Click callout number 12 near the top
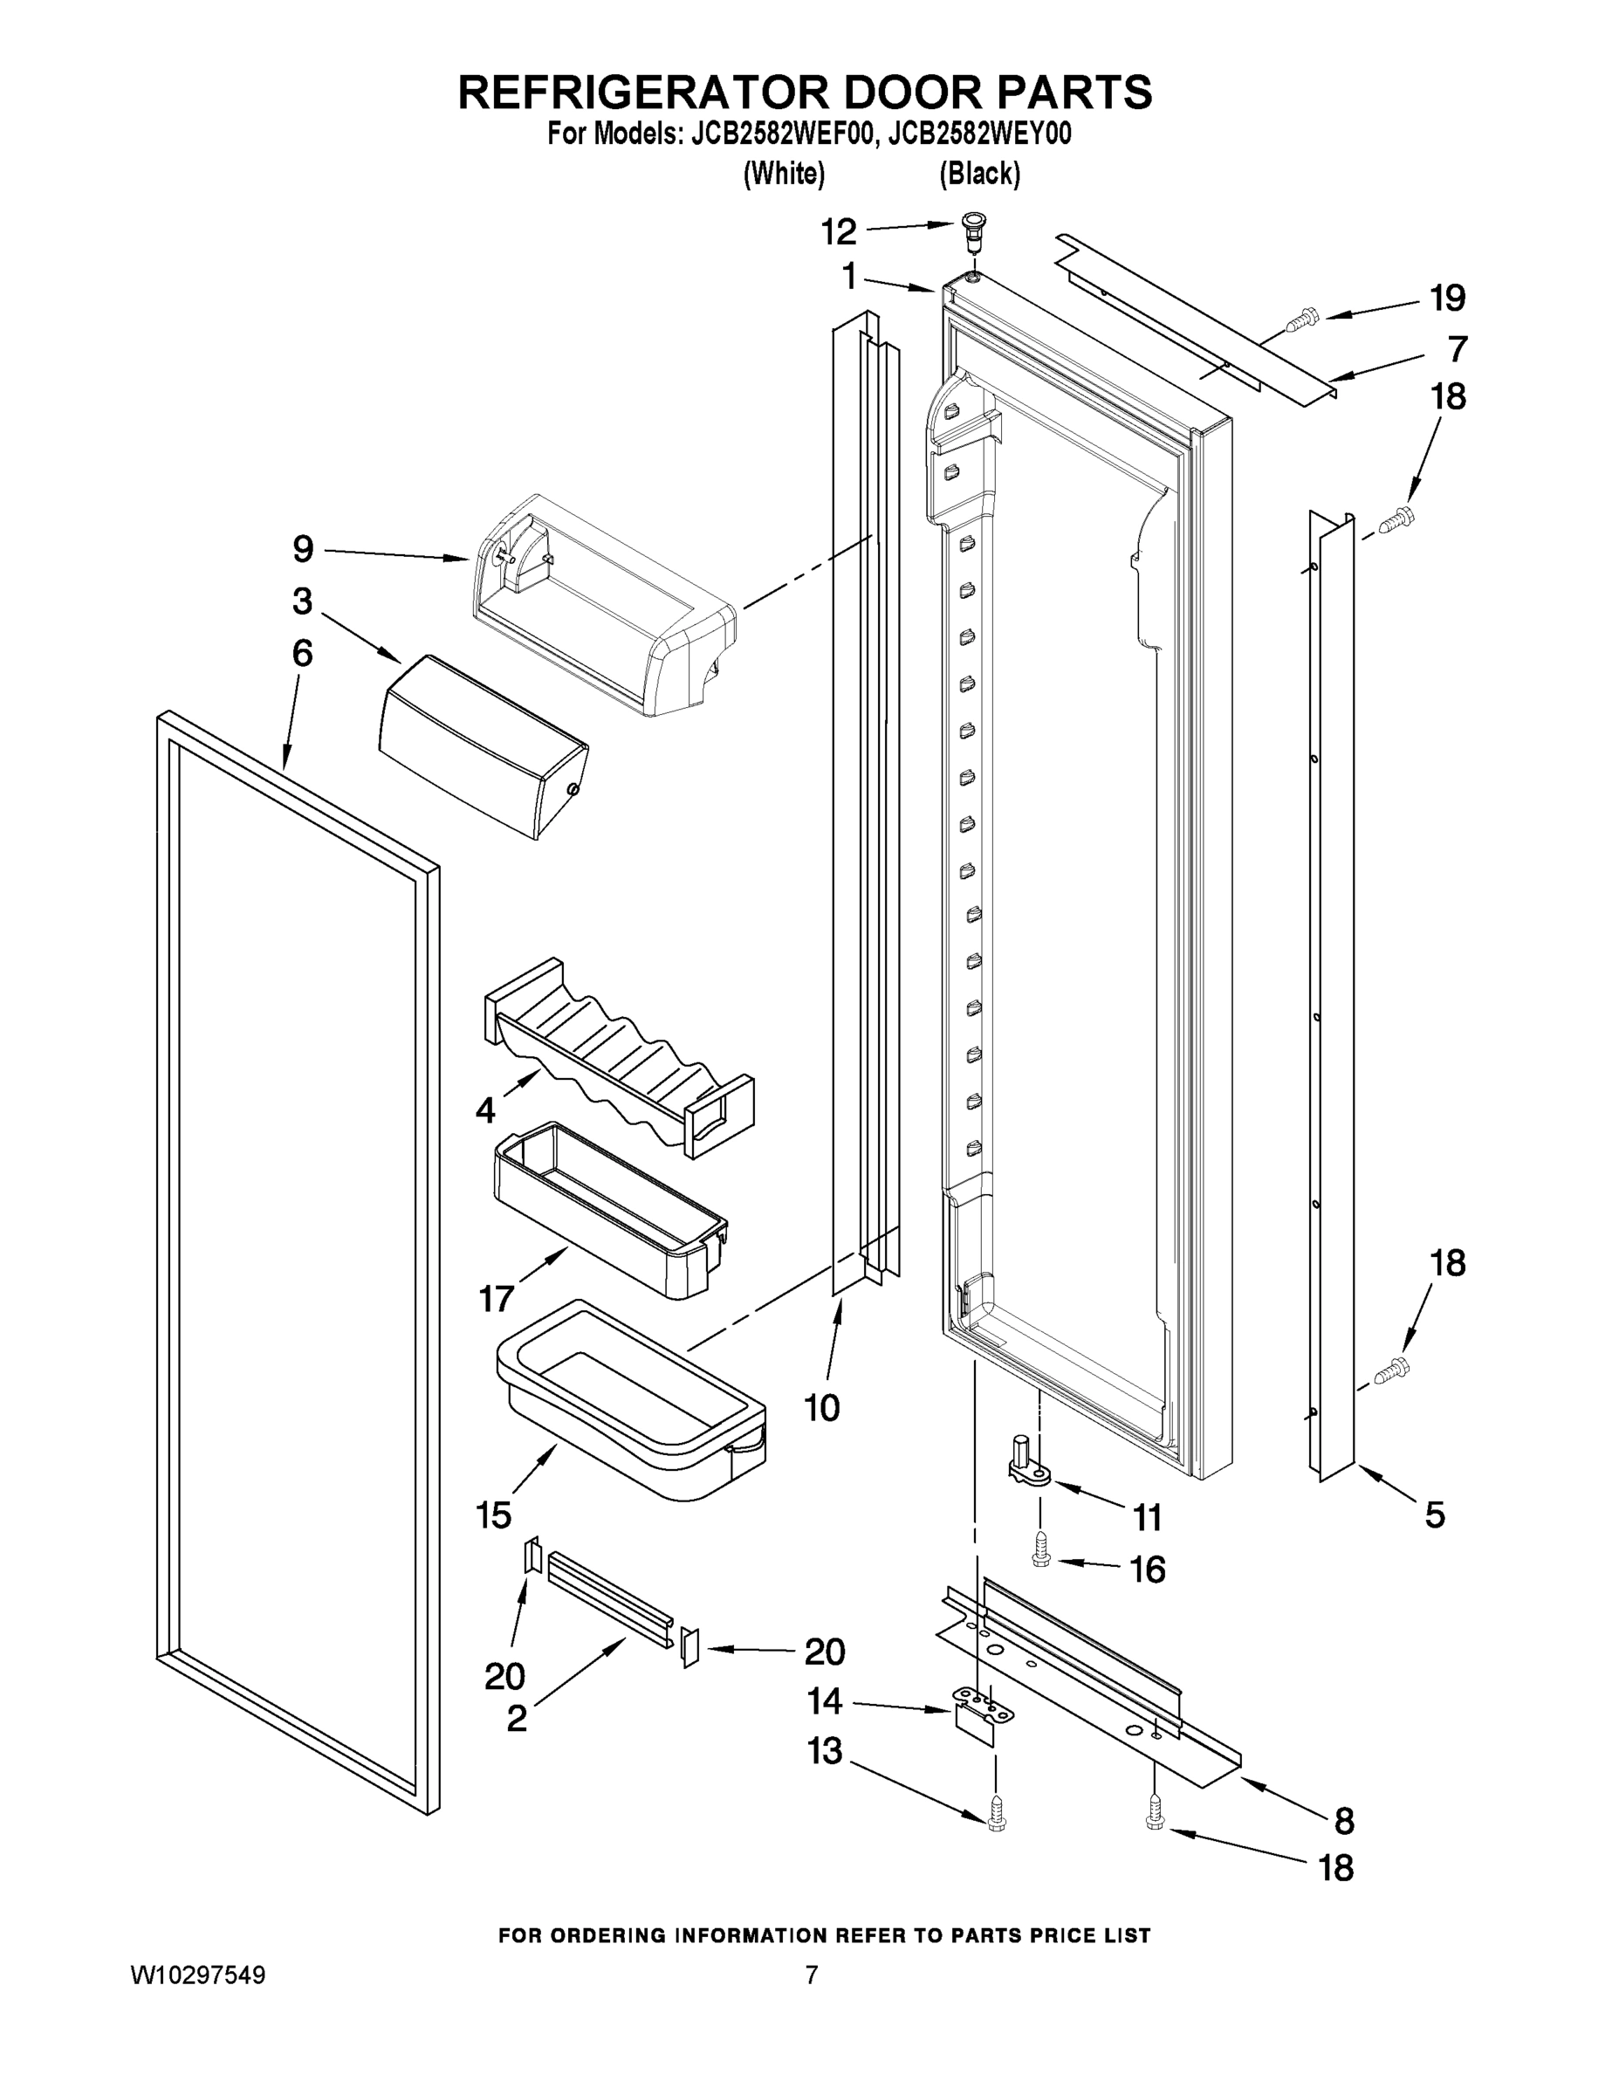(x=838, y=231)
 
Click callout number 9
(x=303, y=550)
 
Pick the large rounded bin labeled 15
(x=628, y=1400)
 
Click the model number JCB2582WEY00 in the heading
(x=979, y=134)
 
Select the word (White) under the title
(x=784, y=174)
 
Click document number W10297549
(x=197, y=1975)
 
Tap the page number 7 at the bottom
(x=812, y=1975)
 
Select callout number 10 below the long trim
(x=822, y=1408)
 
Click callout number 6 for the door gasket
(x=302, y=653)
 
